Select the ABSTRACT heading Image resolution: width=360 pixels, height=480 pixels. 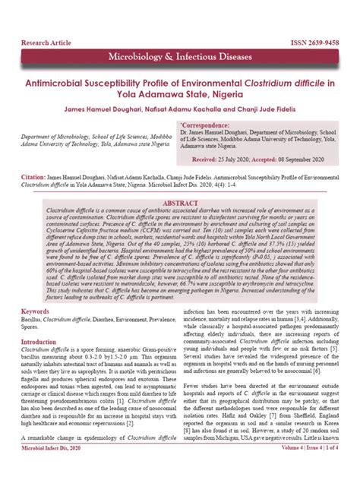[x=180, y=204]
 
